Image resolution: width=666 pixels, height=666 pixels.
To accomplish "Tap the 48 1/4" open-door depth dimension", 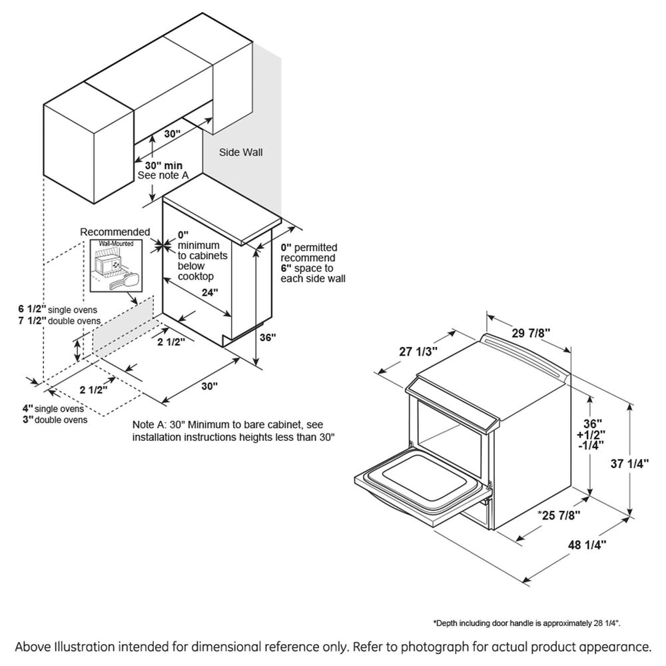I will pos(585,545).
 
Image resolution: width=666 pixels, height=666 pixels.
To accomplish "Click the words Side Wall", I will pos(241,153).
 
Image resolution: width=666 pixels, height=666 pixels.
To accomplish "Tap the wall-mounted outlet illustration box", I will pos(116,265).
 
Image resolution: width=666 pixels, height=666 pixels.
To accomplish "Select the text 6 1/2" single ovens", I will pos(59,310).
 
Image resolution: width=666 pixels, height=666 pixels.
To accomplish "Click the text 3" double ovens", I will pos(55,420).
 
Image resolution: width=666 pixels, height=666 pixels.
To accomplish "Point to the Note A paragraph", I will pos(233,431).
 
